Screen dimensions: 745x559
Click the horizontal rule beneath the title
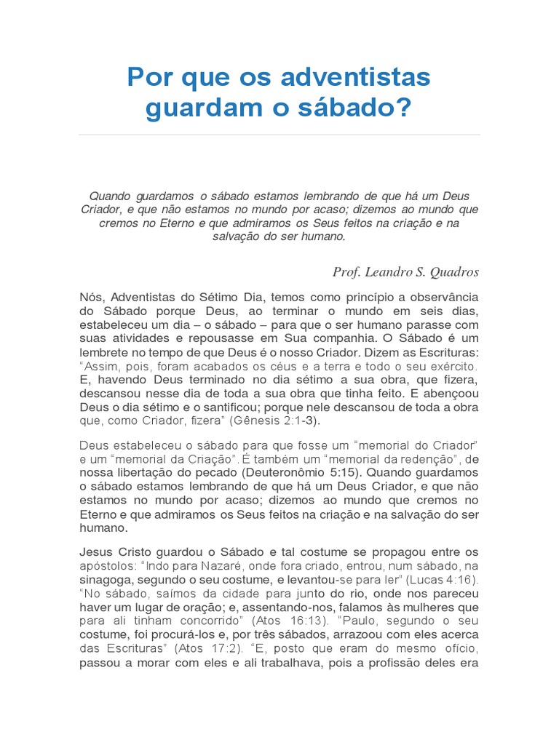click(x=279, y=135)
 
